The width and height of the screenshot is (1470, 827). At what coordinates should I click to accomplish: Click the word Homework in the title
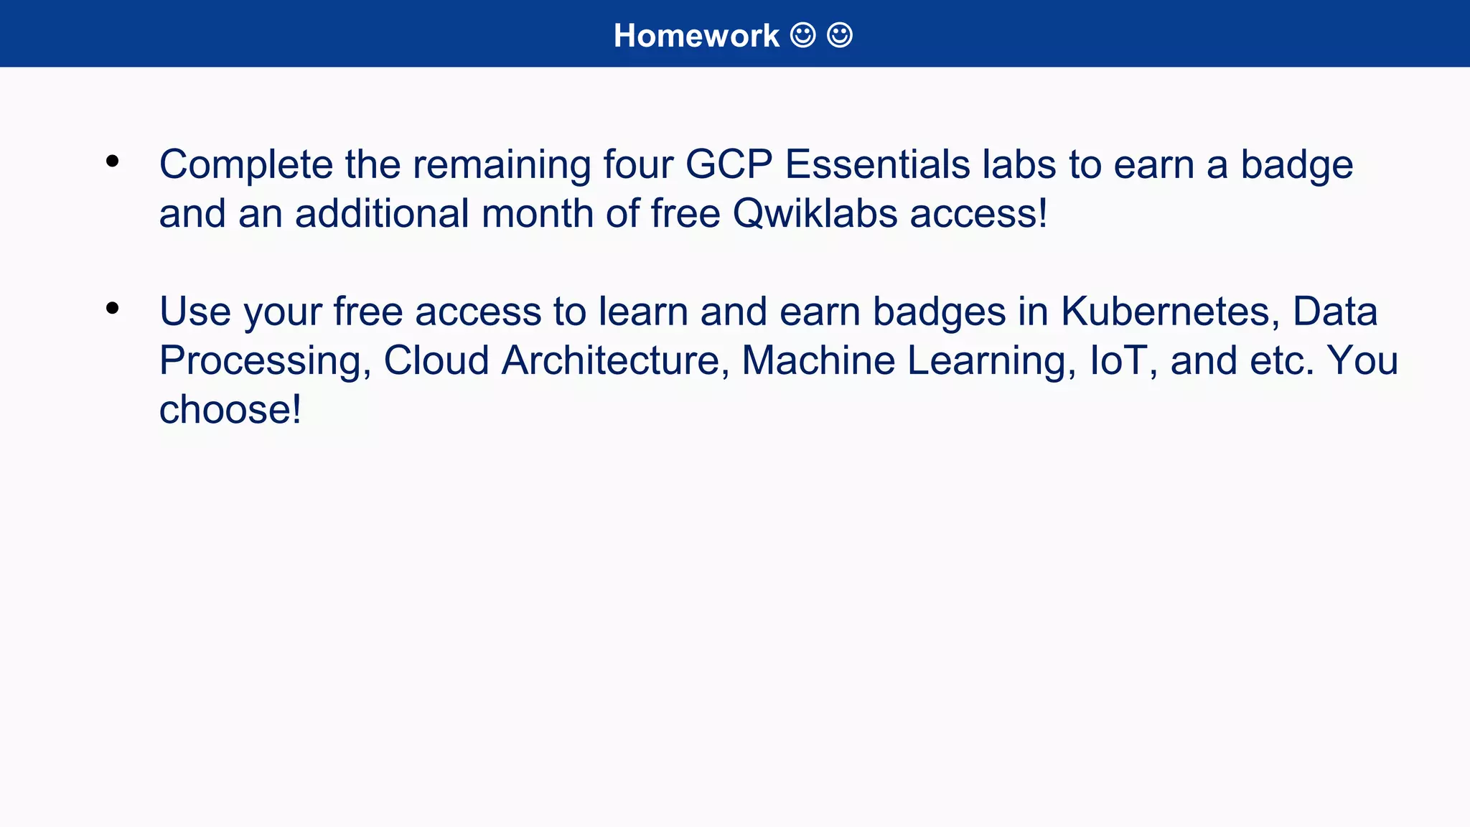[696, 36]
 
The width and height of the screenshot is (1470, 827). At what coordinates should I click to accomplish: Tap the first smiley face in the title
[802, 34]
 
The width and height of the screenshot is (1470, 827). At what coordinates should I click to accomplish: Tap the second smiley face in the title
[839, 34]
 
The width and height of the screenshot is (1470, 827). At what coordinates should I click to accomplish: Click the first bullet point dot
[112, 162]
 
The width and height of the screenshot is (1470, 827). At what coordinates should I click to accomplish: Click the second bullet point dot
[112, 309]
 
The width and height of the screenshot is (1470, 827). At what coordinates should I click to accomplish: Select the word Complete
[245, 165]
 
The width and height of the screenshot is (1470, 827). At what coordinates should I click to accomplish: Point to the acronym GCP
[728, 164]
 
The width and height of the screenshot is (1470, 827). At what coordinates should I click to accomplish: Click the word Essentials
[877, 164]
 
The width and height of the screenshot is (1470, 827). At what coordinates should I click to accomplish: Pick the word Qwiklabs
[815, 214]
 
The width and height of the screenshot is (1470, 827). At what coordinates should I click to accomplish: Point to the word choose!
[230, 410]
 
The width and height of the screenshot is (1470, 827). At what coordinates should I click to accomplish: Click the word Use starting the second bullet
[195, 312]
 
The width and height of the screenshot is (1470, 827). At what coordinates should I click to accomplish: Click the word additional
[382, 214]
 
